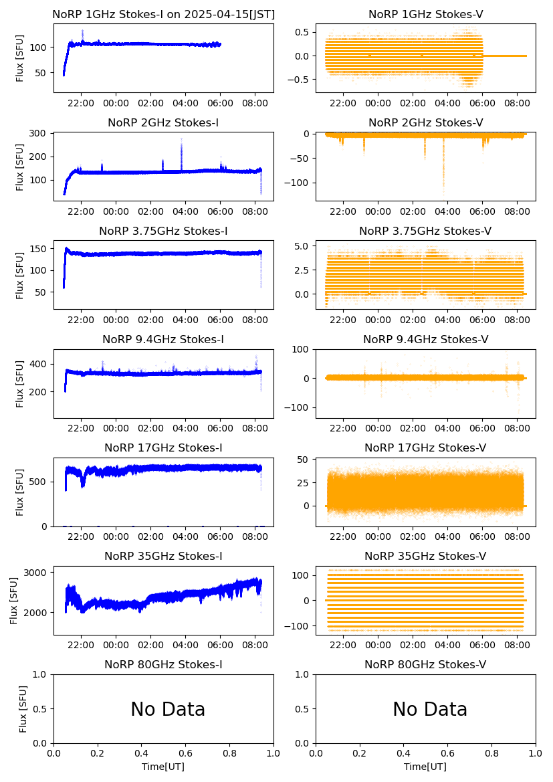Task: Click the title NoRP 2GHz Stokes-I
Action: click(x=163, y=122)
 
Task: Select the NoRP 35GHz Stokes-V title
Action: click(x=425, y=556)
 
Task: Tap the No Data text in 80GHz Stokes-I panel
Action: click(x=168, y=709)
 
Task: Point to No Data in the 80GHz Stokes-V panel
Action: click(x=430, y=709)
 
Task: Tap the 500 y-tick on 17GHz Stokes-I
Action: click(x=38, y=482)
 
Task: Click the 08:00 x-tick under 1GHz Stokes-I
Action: click(x=255, y=104)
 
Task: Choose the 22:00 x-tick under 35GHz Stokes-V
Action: click(x=343, y=646)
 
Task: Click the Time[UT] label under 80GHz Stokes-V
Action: click(x=425, y=767)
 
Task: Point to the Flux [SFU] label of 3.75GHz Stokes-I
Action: click(x=20, y=275)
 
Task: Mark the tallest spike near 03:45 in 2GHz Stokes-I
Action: click(x=181, y=140)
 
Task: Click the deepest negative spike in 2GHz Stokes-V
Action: click(x=443, y=192)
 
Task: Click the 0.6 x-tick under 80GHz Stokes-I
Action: click(x=185, y=754)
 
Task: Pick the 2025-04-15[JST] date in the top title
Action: click(x=227, y=14)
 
